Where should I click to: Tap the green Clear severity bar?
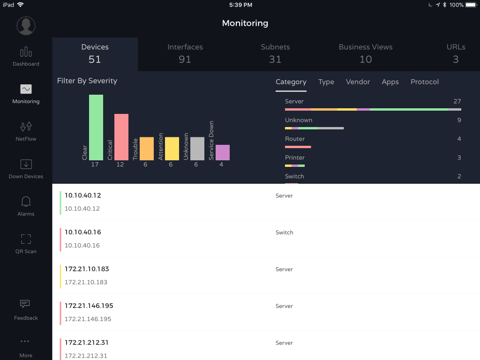pyautogui.click(x=96, y=127)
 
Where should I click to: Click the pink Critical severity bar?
pyautogui.click(x=121, y=137)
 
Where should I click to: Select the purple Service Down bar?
pyautogui.click(x=223, y=152)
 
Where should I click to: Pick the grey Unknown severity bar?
pyautogui.click(x=197, y=149)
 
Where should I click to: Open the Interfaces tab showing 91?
pyautogui.click(x=185, y=53)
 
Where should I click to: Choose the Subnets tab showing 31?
pyautogui.click(x=275, y=53)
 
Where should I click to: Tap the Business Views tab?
pyautogui.click(x=366, y=53)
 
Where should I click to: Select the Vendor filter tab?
pyautogui.click(x=358, y=82)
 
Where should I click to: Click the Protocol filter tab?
pyautogui.click(x=425, y=82)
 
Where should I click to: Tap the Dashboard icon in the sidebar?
pyautogui.click(x=26, y=52)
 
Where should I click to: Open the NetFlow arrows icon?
pyautogui.click(x=26, y=127)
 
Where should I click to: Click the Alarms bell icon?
pyautogui.click(x=26, y=202)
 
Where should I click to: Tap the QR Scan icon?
pyautogui.click(x=26, y=239)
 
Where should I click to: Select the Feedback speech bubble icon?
pyautogui.click(x=25, y=304)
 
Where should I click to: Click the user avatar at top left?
pyautogui.click(x=26, y=26)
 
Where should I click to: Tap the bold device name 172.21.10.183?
pyautogui.click(x=87, y=269)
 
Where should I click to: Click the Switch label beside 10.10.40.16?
pyautogui.click(x=285, y=232)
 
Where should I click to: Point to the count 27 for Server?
pyautogui.click(x=457, y=102)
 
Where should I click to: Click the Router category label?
pyautogui.click(x=295, y=139)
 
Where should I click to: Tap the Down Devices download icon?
pyautogui.click(x=26, y=164)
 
